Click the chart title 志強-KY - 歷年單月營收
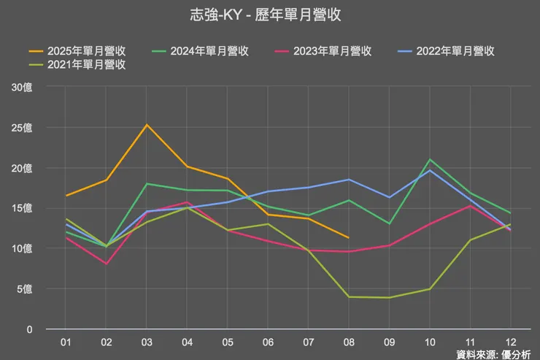coord(270,14)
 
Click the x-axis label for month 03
coord(147,341)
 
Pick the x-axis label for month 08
coord(348,341)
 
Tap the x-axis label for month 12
coord(509,341)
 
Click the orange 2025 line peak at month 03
coord(147,125)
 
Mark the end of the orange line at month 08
coord(348,238)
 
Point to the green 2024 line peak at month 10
coord(429,159)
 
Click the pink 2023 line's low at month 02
coord(107,264)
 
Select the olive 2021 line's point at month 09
coord(389,297)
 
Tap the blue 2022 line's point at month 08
coord(348,180)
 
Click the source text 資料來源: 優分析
coord(493,354)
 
